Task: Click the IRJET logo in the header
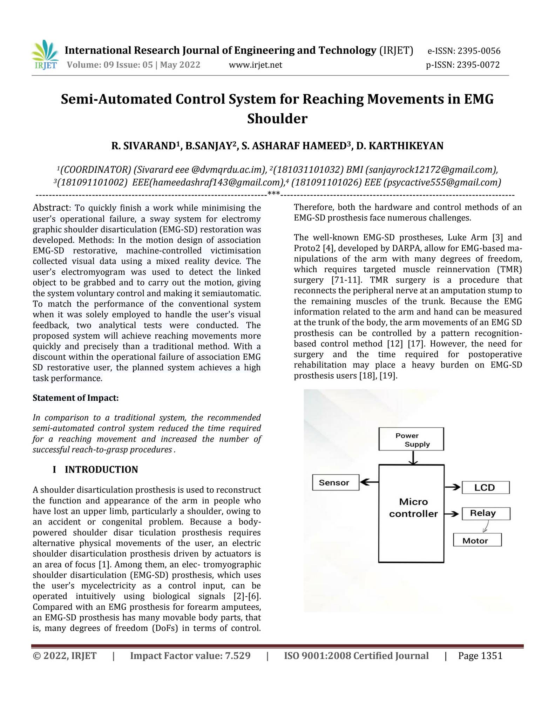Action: (x=45, y=55)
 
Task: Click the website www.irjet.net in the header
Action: (x=255, y=65)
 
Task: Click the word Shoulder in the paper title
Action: (x=277, y=118)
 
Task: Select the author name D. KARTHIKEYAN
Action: (x=400, y=145)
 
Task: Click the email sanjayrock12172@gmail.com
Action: (x=431, y=170)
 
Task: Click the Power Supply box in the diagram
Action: (x=411, y=440)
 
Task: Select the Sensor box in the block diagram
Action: (x=335, y=482)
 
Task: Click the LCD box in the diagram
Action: (x=485, y=487)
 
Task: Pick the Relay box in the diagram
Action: (x=486, y=513)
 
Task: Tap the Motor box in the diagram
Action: (x=477, y=541)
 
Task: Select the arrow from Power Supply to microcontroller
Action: (x=413, y=458)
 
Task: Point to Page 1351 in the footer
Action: (x=480, y=656)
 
